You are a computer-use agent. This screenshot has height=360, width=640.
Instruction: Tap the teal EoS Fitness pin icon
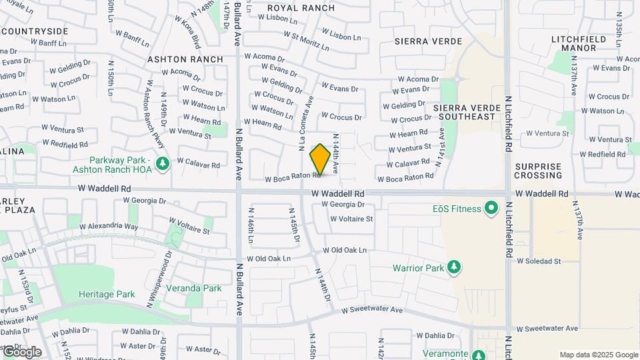click(491, 209)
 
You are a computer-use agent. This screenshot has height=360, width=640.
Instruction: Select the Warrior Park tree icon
click(454, 268)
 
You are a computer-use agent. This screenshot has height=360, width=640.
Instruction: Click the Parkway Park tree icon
click(162, 163)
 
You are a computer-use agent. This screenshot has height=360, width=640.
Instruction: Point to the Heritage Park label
click(107, 294)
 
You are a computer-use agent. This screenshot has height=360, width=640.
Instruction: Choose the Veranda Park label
click(194, 289)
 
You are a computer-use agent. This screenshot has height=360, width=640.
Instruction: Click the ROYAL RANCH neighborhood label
click(301, 8)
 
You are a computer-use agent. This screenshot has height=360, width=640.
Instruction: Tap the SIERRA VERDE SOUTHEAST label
click(464, 112)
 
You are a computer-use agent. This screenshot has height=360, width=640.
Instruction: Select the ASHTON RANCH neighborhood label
click(185, 59)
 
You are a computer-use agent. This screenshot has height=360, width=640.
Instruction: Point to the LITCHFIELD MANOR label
click(579, 43)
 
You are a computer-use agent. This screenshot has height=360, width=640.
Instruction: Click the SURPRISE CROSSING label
click(538, 171)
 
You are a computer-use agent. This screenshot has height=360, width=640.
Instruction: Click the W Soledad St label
click(539, 261)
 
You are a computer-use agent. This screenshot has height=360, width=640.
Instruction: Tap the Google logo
click(22, 352)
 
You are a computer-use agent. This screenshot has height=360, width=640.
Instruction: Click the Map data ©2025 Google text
click(598, 355)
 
